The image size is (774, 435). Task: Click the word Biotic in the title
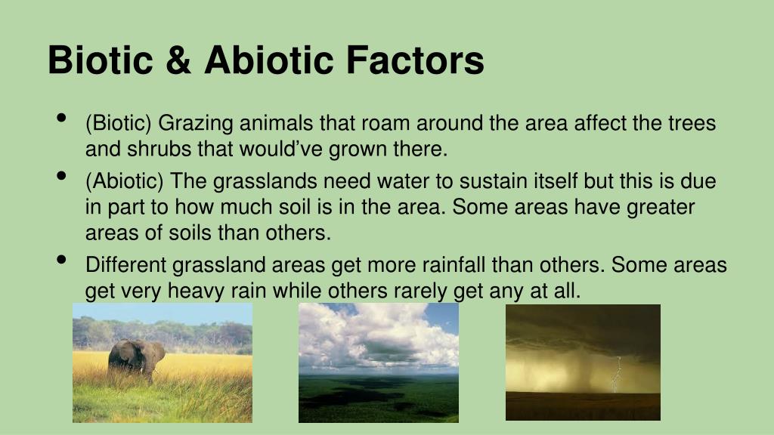point(101,60)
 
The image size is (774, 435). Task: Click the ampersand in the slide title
point(178,60)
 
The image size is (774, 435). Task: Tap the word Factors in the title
point(415,60)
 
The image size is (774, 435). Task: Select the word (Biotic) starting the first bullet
point(119,123)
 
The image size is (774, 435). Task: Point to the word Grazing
point(196,124)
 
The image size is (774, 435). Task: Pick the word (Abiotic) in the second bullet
point(125,181)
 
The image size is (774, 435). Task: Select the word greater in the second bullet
point(661,208)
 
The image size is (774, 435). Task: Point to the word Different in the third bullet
point(126,265)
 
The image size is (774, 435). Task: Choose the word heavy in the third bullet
point(196,291)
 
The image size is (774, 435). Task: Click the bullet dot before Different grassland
point(61,260)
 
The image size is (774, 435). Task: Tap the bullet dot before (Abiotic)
point(61,176)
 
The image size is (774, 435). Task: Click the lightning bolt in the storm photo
point(616,375)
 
